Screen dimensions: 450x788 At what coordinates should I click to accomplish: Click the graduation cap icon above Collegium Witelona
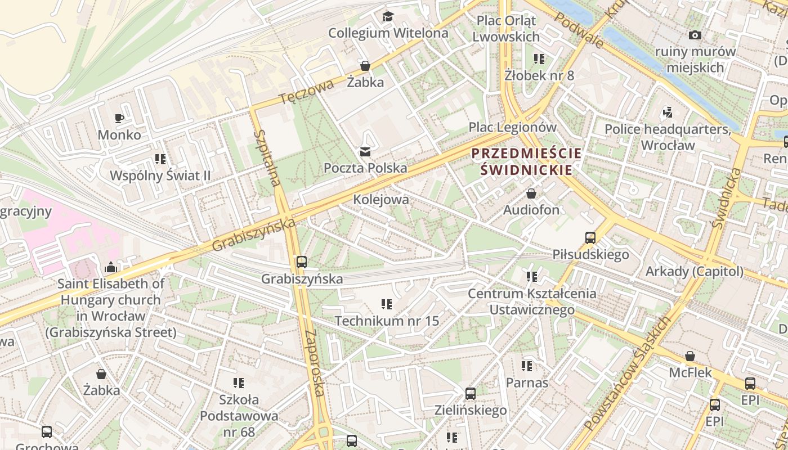pos(388,16)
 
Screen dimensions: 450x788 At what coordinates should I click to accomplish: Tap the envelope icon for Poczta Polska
pos(365,151)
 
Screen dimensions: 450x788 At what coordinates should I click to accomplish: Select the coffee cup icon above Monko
pos(119,118)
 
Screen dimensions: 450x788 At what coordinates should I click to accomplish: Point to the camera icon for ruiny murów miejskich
pos(695,35)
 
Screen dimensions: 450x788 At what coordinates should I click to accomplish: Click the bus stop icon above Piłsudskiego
pos(590,238)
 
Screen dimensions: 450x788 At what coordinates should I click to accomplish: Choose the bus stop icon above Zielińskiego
pos(471,394)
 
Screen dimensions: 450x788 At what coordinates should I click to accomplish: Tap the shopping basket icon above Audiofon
pos(531,194)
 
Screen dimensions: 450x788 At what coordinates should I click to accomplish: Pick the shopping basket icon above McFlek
pos(689,356)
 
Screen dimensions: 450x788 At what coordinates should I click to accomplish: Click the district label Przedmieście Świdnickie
pos(526,161)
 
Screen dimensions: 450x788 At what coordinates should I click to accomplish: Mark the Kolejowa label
pos(381,200)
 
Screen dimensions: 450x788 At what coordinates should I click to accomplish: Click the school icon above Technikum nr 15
pos(387,304)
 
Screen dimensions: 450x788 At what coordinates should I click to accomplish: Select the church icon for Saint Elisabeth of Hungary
pos(110,267)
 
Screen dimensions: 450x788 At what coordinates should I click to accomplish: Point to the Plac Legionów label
pos(512,128)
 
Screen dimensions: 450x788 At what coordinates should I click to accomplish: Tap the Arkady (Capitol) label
pos(694,272)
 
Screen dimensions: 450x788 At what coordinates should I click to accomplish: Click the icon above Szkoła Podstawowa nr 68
pos(239,383)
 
